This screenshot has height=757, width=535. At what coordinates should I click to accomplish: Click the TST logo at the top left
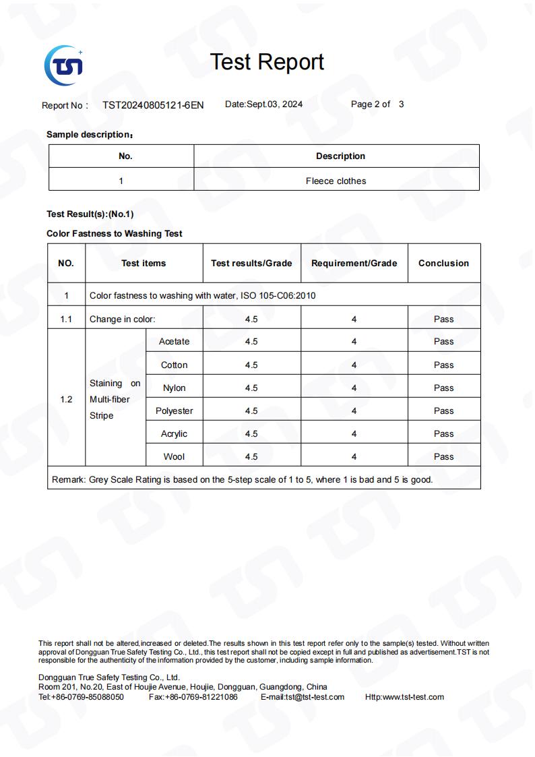(63, 65)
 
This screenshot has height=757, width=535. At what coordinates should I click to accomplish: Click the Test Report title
(267, 62)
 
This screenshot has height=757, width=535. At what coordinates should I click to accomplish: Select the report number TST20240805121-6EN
(153, 105)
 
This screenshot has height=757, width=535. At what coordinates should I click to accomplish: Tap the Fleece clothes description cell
(336, 181)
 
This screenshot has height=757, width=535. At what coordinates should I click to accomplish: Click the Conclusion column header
(443, 264)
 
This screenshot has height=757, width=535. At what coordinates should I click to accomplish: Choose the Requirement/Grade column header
(354, 264)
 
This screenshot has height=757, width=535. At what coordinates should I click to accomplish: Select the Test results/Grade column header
(251, 264)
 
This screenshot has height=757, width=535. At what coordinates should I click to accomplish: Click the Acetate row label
(174, 342)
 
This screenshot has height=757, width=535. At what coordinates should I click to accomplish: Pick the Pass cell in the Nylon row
(443, 388)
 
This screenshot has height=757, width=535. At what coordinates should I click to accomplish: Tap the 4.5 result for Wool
(251, 457)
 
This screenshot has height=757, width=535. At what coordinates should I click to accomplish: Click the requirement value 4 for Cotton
(354, 365)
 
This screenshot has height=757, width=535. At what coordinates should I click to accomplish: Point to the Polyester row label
(174, 411)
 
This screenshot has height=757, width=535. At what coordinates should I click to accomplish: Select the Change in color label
(122, 320)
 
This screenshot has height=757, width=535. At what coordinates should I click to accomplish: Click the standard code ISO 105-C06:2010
(278, 296)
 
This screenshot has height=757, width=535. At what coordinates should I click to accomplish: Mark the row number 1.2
(66, 400)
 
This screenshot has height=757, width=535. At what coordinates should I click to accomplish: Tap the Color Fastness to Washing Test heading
(115, 234)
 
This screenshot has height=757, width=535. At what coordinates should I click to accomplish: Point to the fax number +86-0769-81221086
(201, 697)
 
